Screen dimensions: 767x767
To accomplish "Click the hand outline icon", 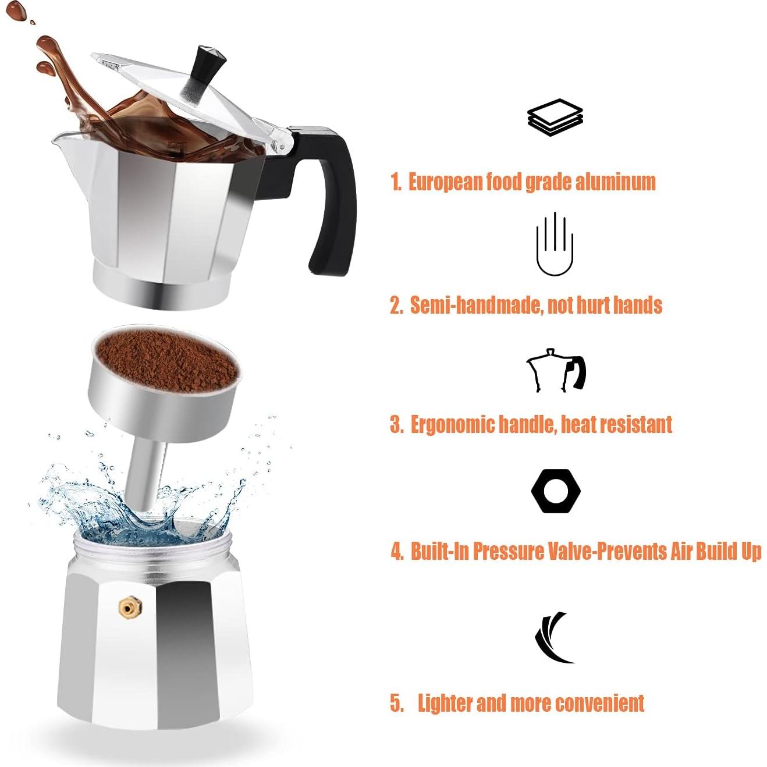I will click(x=555, y=244).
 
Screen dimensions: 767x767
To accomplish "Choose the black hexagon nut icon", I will click(x=556, y=491).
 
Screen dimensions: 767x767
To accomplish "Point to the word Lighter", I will click(x=444, y=703).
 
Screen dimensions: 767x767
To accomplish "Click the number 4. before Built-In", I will click(x=397, y=551).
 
